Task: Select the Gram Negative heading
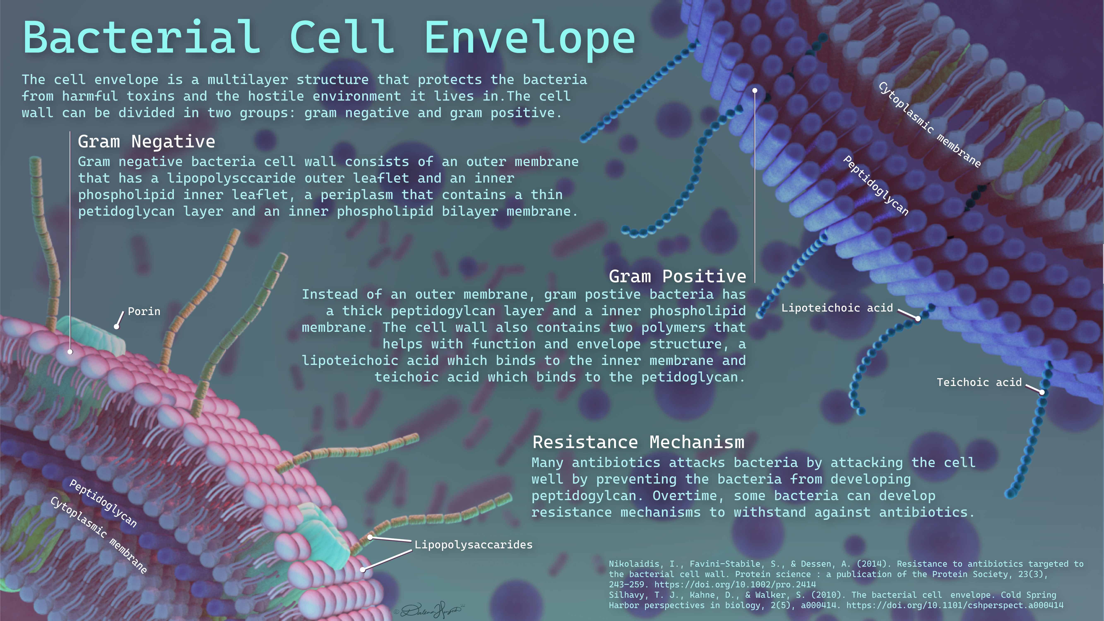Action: click(147, 141)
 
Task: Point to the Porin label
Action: click(144, 312)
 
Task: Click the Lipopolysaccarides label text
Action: click(474, 545)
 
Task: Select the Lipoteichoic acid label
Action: click(837, 308)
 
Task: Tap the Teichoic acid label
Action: click(979, 382)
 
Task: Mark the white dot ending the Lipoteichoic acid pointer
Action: click(918, 318)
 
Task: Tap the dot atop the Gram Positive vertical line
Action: click(755, 90)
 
